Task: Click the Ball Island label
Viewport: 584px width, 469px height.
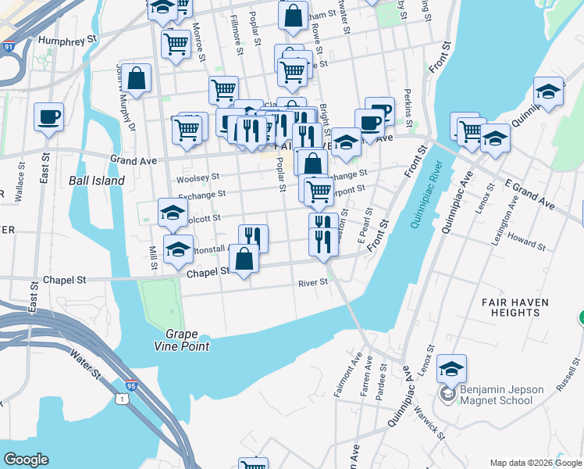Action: click(97, 181)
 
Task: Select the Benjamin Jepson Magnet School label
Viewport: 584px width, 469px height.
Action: click(495, 395)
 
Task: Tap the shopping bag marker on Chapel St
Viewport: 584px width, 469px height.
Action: click(244, 260)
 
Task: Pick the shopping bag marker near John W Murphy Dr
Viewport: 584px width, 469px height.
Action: click(136, 79)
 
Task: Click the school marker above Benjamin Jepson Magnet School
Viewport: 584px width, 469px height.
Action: click(451, 368)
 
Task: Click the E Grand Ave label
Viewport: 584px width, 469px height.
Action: click(530, 193)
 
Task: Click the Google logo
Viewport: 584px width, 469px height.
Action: click(27, 460)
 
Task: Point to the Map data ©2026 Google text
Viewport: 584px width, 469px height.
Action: click(535, 463)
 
